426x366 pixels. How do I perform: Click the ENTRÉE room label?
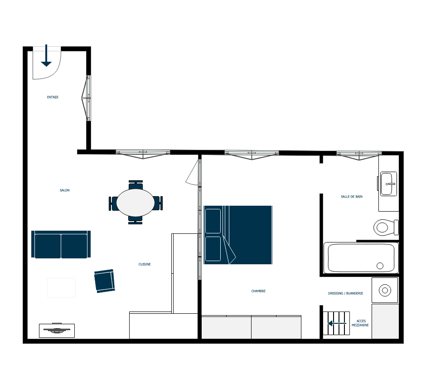tap(53, 97)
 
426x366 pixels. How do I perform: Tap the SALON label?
tap(65, 190)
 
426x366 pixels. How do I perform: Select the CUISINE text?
tap(145, 264)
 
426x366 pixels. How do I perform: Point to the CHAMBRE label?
tap(258, 291)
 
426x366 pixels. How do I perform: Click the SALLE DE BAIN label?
tap(352, 197)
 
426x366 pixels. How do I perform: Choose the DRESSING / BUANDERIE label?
tap(346, 293)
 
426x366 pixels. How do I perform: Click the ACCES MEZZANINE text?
tap(360, 323)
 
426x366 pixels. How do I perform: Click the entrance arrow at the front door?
tap(46, 55)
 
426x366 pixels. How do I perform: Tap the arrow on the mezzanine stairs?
tap(337, 323)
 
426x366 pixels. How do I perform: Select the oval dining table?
tap(136, 203)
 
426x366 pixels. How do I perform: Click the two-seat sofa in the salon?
tap(61, 244)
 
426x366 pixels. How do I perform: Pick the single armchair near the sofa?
tap(105, 281)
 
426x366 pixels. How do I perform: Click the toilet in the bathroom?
tap(386, 228)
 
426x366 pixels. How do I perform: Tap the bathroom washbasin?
tap(388, 184)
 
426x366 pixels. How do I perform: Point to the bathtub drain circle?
tap(380, 266)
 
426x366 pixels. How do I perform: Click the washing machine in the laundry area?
tap(385, 290)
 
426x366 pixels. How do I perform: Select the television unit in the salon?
tap(57, 330)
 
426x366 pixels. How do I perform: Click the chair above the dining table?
tap(136, 185)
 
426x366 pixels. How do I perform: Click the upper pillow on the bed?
tap(213, 221)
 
